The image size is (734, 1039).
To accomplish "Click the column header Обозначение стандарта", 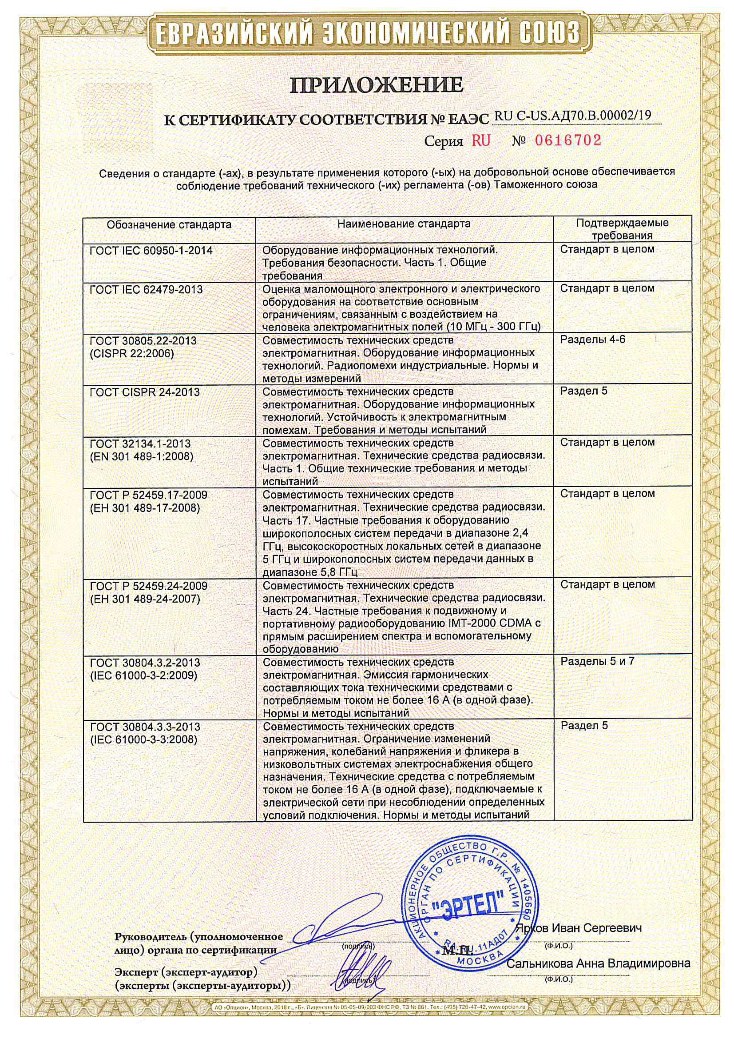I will pos(169,224).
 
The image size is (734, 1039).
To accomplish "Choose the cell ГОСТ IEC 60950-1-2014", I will pos(151,250).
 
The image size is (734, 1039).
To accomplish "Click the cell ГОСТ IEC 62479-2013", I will pos(146,289).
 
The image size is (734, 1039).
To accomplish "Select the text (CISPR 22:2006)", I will pos(132,353).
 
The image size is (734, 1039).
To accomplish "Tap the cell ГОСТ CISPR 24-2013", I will pos(145,392).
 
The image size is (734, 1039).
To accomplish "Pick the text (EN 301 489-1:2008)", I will pos(142,456).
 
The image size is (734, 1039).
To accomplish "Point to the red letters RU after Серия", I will pos(481,141).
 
